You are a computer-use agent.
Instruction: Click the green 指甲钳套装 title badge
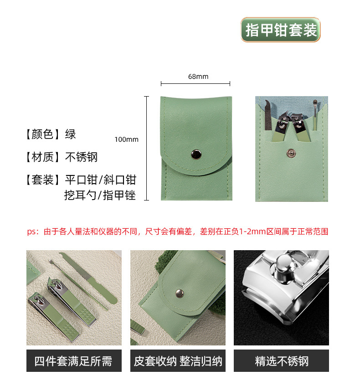[281, 30]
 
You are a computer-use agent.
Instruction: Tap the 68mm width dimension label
[198, 77]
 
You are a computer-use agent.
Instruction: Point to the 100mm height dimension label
[126, 139]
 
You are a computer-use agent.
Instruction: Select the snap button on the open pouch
[290, 154]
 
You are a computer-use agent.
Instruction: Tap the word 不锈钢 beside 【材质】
[82, 157]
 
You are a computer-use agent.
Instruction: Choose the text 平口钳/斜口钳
[101, 180]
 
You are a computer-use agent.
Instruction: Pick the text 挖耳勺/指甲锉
[100, 196]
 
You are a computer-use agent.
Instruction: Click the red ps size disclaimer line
[178, 232]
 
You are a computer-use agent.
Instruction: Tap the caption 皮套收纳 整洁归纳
[178, 361]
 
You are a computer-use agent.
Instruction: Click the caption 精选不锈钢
[281, 361]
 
